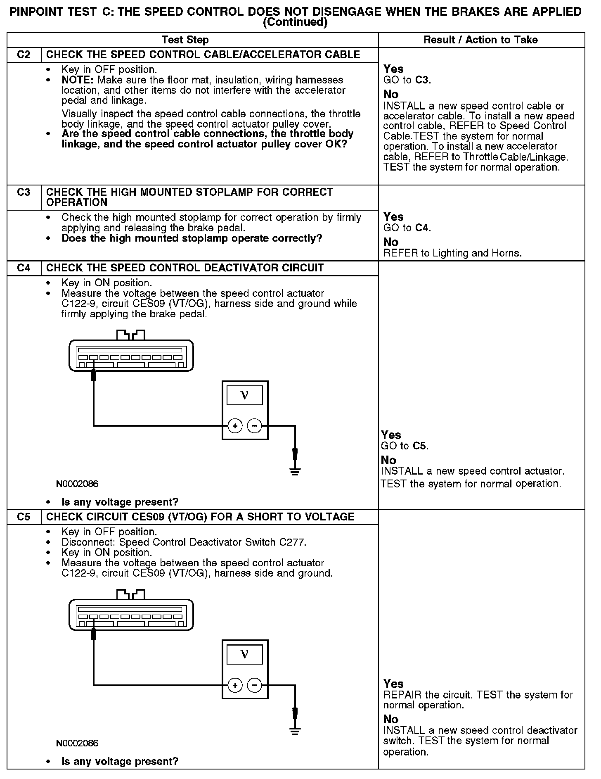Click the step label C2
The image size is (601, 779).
tap(24, 55)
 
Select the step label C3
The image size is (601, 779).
tap(24, 192)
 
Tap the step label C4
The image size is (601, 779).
tap(24, 268)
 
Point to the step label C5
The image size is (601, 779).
tap(24, 517)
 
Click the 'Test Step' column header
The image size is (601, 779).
tap(185, 40)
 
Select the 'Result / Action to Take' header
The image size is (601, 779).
tap(480, 40)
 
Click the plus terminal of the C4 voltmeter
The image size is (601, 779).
tap(235, 426)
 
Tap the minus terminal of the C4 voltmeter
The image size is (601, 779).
tap(255, 426)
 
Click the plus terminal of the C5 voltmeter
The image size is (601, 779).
tap(235, 685)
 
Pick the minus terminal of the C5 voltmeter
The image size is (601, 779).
tap(255, 685)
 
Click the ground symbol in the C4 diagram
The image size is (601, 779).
tap(295, 471)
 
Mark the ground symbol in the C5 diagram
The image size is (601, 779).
tap(295, 730)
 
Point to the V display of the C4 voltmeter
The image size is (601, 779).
tap(245, 395)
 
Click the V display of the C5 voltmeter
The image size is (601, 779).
tap(245, 655)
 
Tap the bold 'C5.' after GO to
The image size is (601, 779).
tap(420, 446)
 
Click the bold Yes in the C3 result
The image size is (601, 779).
tap(393, 217)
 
